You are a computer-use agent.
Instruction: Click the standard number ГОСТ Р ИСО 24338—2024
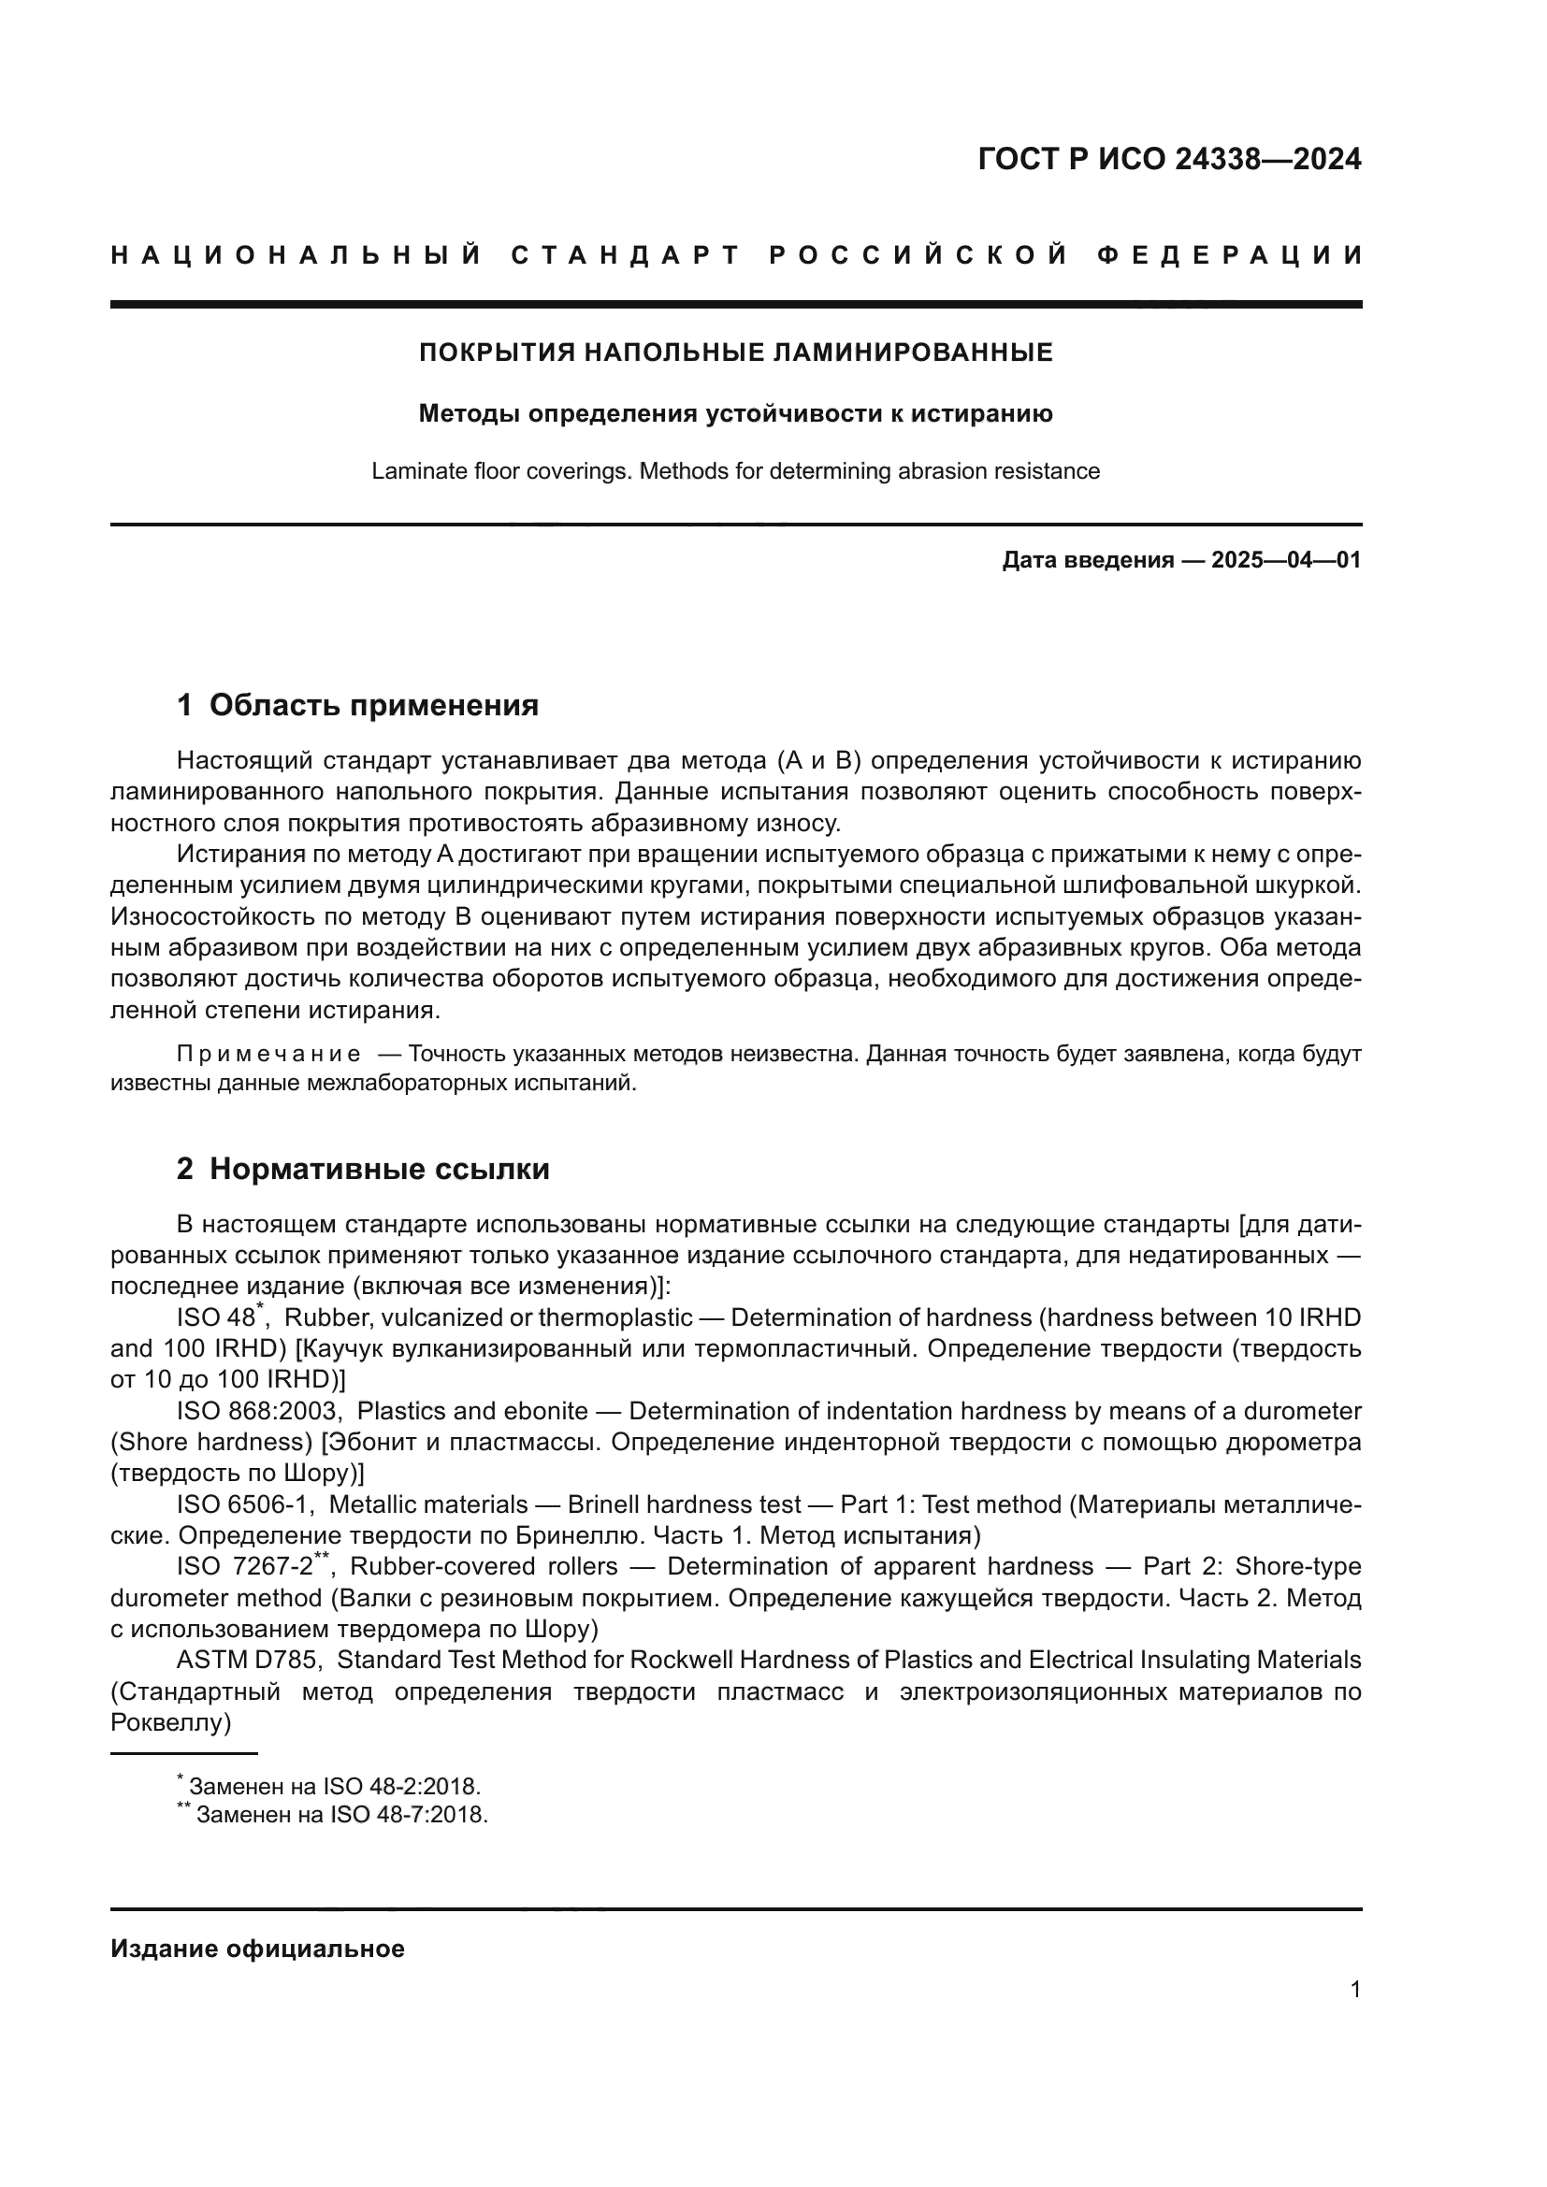pos(1169,159)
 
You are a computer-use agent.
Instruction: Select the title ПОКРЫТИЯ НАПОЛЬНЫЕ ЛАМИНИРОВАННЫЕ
pos(735,353)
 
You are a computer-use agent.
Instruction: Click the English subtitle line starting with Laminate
pos(735,471)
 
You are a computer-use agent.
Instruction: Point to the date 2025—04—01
pos(1286,560)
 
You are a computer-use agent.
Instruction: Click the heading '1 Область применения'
pos(357,705)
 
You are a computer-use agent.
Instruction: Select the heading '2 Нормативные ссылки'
pos(363,1169)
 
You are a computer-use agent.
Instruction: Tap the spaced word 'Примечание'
pos(268,1054)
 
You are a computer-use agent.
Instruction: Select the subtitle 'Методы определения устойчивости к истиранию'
pos(735,413)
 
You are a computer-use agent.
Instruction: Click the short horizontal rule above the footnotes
pos(184,1752)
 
